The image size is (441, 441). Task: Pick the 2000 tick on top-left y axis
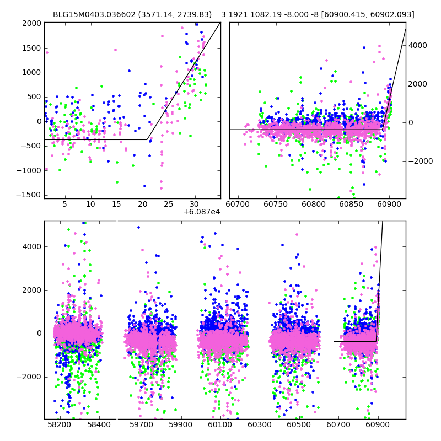pyautogui.click(x=32, y=23)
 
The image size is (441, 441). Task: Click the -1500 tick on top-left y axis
pyautogui.click(x=30, y=195)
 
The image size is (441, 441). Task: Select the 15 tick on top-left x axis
pyautogui.click(x=116, y=205)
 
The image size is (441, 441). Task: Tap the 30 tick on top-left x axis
pyautogui.click(x=195, y=205)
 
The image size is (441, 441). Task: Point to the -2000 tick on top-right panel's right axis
pyautogui.click(x=418, y=161)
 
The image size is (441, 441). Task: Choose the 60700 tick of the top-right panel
pyautogui.click(x=238, y=205)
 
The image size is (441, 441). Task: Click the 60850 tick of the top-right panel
pyautogui.click(x=351, y=205)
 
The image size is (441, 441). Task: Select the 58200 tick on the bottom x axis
pyautogui.click(x=59, y=425)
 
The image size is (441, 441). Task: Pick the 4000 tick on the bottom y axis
pyautogui.click(x=32, y=246)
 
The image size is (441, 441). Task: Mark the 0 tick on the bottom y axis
pyautogui.click(x=38, y=334)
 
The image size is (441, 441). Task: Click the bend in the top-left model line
pyautogui.click(x=148, y=139)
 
